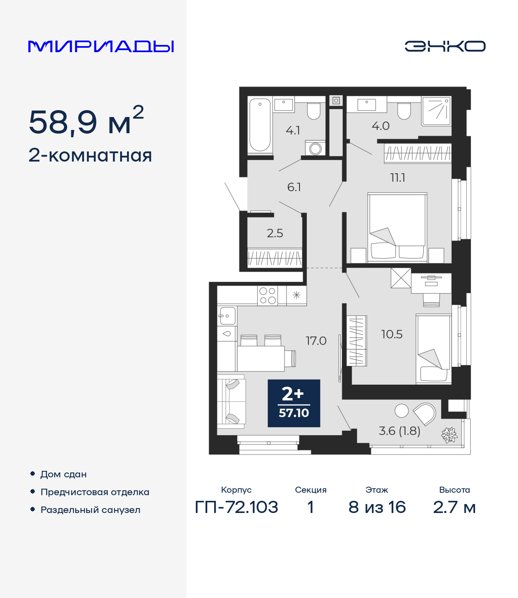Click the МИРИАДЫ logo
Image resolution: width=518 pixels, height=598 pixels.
tap(101, 47)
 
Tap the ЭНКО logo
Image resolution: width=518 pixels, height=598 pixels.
tap(445, 46)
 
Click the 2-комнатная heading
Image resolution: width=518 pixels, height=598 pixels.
tap(90, 155)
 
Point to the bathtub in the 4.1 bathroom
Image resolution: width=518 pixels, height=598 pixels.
tap(259, 125)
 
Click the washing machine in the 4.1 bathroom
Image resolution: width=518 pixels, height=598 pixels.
tap(315, 149)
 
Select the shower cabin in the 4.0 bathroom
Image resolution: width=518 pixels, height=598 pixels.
tap(436, 111)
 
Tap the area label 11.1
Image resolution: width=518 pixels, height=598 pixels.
tap(397, 178)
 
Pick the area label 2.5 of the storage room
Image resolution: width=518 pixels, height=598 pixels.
tap(275, 233)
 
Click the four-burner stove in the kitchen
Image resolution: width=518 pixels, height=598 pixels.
tap(267, 296)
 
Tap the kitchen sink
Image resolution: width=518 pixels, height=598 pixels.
tap(227, 315)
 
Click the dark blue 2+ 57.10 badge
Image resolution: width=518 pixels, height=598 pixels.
tap(294, 403)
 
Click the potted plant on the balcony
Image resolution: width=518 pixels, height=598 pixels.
tap(449, 435)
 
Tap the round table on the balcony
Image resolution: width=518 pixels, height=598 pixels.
tap(401, 411)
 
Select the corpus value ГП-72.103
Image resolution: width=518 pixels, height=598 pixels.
tap(236, 507)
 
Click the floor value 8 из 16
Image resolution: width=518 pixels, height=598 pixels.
tap(377, 507)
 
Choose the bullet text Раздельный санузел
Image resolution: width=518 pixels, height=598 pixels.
tap(90, 510)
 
